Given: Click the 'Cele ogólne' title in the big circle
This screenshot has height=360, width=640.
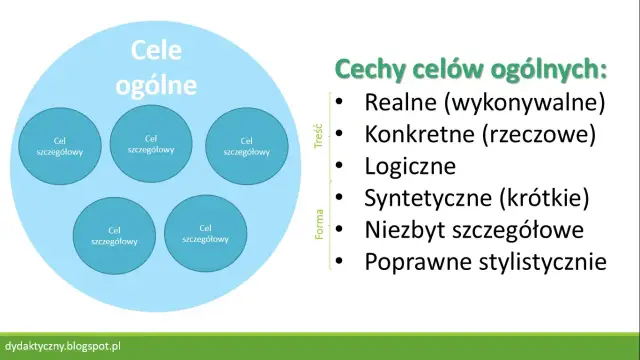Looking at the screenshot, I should [x=166, y=68].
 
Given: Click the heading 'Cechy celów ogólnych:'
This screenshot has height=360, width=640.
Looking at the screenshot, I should [x=471, y=69].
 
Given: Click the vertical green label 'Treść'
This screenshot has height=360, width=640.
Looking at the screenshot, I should [x=317, y=134].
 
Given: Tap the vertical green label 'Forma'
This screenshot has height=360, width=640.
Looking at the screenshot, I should [x=317, y=228].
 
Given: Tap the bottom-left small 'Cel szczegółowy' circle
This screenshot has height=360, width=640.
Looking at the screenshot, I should [x=114, y=234].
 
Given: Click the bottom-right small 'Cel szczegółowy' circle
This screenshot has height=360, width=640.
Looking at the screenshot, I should [x=205, y=233].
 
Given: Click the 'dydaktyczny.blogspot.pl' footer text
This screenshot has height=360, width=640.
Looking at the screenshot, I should [x=70, y=346].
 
